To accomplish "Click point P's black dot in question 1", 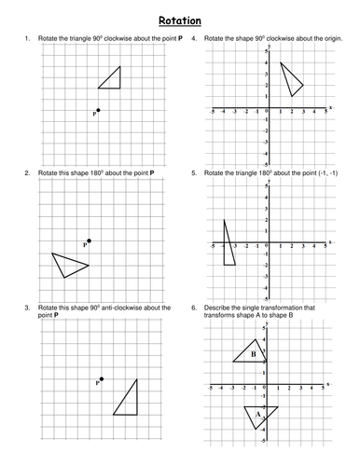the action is point(99,110).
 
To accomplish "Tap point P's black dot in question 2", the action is point(89,240).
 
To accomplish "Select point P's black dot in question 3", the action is point(101,379).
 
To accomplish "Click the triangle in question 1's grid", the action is point(113,80).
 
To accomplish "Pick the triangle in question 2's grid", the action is point(69,265).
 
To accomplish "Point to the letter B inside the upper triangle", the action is point(252,354).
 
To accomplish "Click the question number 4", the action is point(192,38).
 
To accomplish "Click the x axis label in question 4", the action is point(331,107).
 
